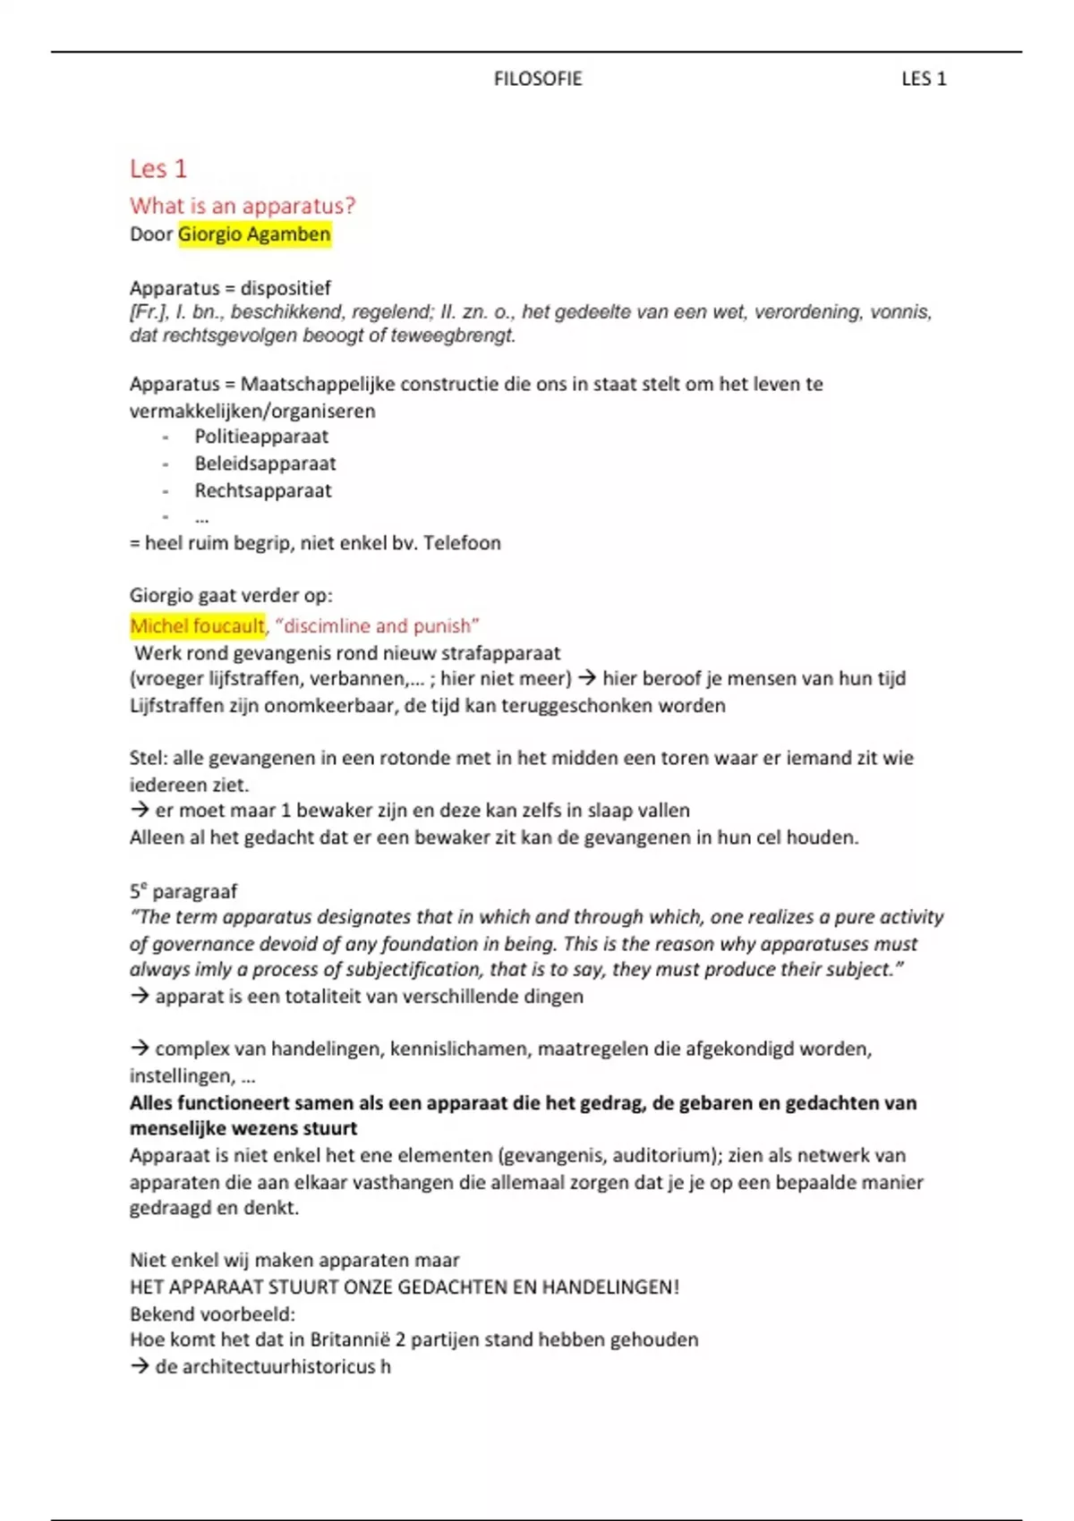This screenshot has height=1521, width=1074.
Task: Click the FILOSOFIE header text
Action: pos(537,79)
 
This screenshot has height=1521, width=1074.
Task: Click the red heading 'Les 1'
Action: pos(158,168)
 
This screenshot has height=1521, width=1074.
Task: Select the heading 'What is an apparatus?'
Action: pos(243,206)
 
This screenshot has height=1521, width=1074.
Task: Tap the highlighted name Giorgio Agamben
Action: pos(254,234)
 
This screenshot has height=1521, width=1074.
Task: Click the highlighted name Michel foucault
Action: pos(197,625)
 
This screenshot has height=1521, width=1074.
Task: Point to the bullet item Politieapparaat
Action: pos(261,437)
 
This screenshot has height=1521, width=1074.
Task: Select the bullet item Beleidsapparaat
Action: pos(265,463)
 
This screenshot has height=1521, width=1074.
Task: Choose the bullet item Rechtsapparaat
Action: pos(263,490)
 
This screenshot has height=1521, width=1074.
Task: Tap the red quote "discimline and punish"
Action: pos(377,625)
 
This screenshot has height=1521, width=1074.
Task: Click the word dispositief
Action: pos(286,288)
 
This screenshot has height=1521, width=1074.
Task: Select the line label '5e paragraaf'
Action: pos(183,891)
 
